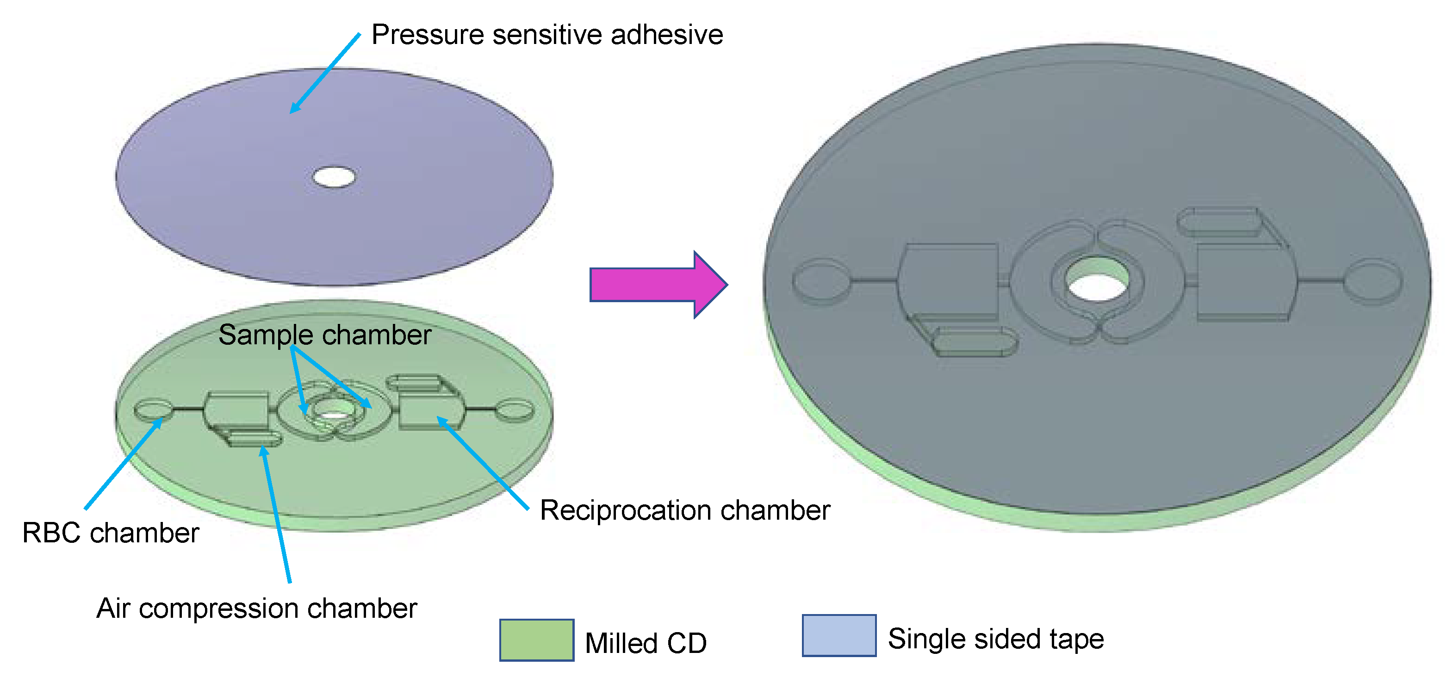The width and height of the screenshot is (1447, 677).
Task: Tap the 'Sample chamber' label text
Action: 325,335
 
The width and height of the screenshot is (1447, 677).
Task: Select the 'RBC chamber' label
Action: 111,533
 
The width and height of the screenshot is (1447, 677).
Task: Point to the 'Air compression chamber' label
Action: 257,609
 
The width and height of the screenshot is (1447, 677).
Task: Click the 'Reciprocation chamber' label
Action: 685,510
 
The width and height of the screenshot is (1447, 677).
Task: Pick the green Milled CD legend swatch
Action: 536,640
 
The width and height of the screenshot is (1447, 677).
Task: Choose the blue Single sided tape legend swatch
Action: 838,635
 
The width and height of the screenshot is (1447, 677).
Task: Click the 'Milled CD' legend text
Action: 646,643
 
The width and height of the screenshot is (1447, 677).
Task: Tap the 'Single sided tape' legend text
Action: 995,639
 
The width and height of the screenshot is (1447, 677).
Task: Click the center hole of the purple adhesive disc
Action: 334,177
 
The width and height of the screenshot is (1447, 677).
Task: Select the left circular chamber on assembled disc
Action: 821,281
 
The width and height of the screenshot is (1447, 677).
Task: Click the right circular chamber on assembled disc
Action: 1372,281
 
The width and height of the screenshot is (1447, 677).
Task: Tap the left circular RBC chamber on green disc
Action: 153,410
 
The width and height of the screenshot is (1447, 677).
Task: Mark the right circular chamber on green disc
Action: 514,410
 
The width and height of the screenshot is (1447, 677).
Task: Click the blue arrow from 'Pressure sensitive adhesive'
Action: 325,73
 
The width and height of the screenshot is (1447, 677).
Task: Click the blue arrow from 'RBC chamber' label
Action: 123,464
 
